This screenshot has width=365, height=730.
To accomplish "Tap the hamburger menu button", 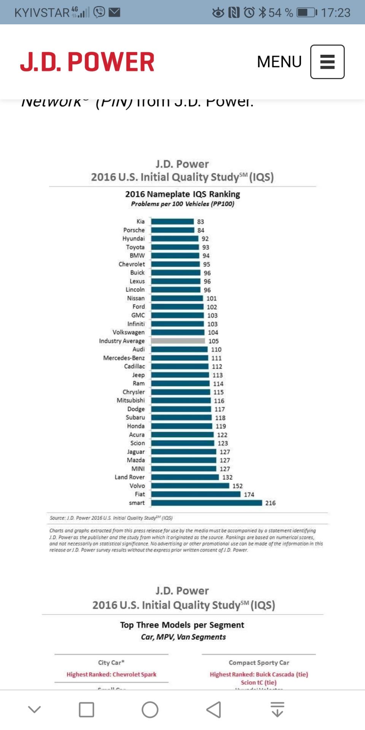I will [327, 62].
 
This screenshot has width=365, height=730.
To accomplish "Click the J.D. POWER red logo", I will [87, 62].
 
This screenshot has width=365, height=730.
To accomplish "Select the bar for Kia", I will [173, 221].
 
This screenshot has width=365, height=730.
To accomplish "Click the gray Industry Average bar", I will [178, 341].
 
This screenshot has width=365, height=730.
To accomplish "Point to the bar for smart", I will [206, 503].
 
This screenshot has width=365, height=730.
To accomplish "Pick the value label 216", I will [270, 503].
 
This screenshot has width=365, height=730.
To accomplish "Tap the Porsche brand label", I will [134, 230].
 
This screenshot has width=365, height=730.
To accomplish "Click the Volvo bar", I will [190, 486].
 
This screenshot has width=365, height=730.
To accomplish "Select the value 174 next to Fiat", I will [249, 494].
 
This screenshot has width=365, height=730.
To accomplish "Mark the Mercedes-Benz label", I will [124, 358].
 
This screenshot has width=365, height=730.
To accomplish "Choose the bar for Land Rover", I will [185, 477].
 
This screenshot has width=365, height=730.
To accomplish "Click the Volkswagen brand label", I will [129, 332].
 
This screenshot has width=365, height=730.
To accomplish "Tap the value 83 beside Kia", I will [200, 222].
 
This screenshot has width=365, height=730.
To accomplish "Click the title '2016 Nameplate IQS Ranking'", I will [182, 194].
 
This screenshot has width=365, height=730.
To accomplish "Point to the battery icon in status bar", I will [306, 13].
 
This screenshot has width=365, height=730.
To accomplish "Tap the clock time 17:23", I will [335, 13].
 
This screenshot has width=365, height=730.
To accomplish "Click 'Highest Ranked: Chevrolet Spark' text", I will [111, 674].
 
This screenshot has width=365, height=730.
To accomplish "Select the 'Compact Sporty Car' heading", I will [259, 662].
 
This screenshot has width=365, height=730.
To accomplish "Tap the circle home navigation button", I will [150, 709].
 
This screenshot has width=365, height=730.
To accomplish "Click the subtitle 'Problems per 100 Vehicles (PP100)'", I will [182, 204].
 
